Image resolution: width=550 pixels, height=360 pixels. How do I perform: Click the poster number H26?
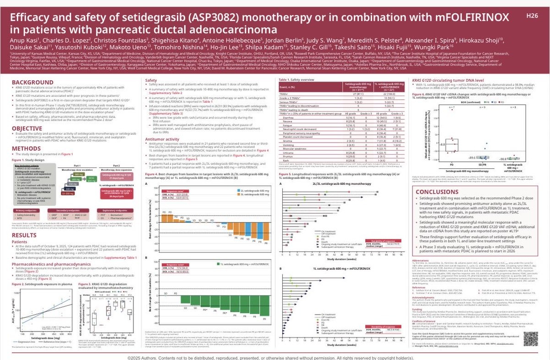pyautogui.click(x=532, y=16)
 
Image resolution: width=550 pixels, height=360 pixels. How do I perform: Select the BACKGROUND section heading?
pyautogui.click(x=28, y=82)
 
